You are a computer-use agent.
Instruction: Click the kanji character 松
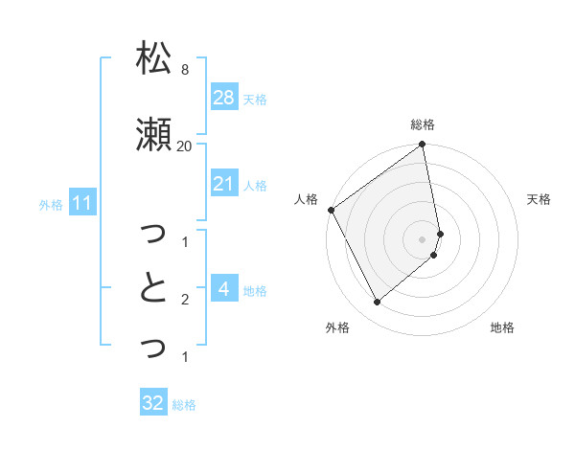[153, 58]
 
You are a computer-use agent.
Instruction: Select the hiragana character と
[153, 287]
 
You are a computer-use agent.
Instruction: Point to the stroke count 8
[184, 70]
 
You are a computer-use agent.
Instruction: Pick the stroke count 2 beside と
[184, 300]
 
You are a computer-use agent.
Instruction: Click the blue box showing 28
[223, 98]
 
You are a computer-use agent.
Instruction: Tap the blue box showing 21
[223, 184]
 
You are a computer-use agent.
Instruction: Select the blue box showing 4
[223, 289]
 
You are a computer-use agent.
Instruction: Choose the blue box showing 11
[82, 203]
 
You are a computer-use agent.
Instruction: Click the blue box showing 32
[153, 403]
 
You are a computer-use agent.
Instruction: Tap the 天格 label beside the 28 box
[255, 99]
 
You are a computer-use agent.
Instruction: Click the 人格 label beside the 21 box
[255, 185]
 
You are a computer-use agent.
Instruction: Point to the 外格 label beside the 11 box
[51, 204]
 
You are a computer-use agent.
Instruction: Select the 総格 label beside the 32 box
[184, 404]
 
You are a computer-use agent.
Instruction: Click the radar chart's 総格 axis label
[423, 124]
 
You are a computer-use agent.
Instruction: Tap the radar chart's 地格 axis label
[502, 327]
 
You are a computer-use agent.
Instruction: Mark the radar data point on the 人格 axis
[331, 210]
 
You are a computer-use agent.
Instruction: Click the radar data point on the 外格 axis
[377, 303]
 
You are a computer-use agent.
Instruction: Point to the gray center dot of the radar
[423, 238]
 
